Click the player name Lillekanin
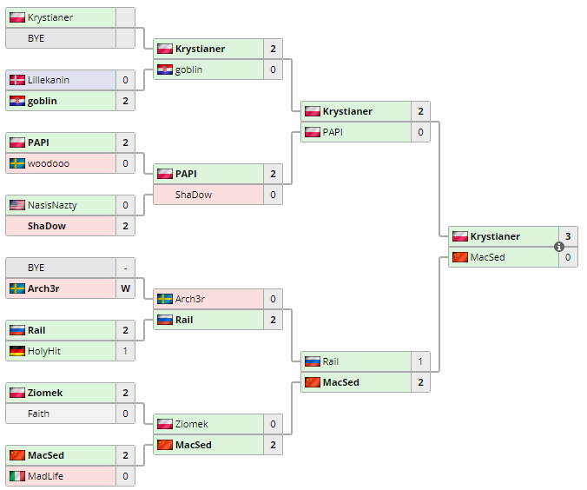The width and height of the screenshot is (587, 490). (x=49, y=80)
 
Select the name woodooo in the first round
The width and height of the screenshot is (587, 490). (x=49, y=163)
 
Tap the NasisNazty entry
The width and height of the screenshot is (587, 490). (x=53, y=205)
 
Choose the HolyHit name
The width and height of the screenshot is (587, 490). (x=44, y=351)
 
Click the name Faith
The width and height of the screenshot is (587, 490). (x=38, y=414)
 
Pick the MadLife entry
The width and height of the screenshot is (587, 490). (x=45, y=476)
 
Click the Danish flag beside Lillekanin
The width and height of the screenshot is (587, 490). (x=16, y=80)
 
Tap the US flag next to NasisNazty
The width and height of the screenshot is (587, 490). (x=16, y=205)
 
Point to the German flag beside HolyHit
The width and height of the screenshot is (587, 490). (x=16, y=351)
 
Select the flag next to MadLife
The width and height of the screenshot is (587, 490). (x=16, y=476)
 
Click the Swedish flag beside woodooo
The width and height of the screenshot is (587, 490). (x=16, y=163)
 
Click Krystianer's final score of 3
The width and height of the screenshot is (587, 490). (x=568, y=236)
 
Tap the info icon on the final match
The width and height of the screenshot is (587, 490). (x=559, y=247)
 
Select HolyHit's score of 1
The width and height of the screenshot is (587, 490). (x=125, y=351)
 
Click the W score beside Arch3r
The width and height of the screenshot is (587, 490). (x=125, y=288)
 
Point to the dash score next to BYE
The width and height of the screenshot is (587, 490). (x=125, y=268)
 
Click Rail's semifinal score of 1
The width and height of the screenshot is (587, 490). (x=420, y=361)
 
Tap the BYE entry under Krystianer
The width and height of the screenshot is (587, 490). (x=36, y=38)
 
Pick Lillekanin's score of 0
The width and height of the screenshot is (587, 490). (x=125, y=80)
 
